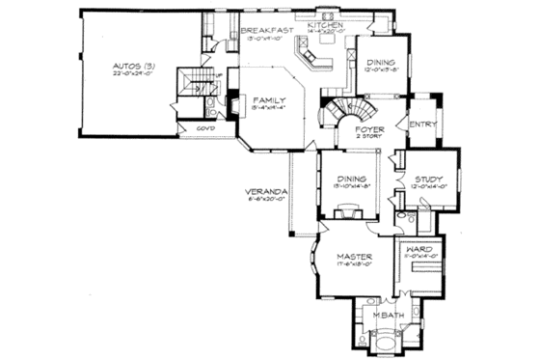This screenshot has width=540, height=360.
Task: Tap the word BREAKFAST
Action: [x=267, y=31]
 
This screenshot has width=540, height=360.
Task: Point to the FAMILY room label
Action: [x=268, y=99]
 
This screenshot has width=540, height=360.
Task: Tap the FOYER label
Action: [x=371, y=128]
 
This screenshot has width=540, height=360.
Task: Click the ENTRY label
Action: [x=422, y=124]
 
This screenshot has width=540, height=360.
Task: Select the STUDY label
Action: [x=428, y=179]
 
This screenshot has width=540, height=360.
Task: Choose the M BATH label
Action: [x=386, y=316]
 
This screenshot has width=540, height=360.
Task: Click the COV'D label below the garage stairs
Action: [x=204, y=128]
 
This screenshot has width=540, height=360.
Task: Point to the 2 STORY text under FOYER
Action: [x=371, y=137]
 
